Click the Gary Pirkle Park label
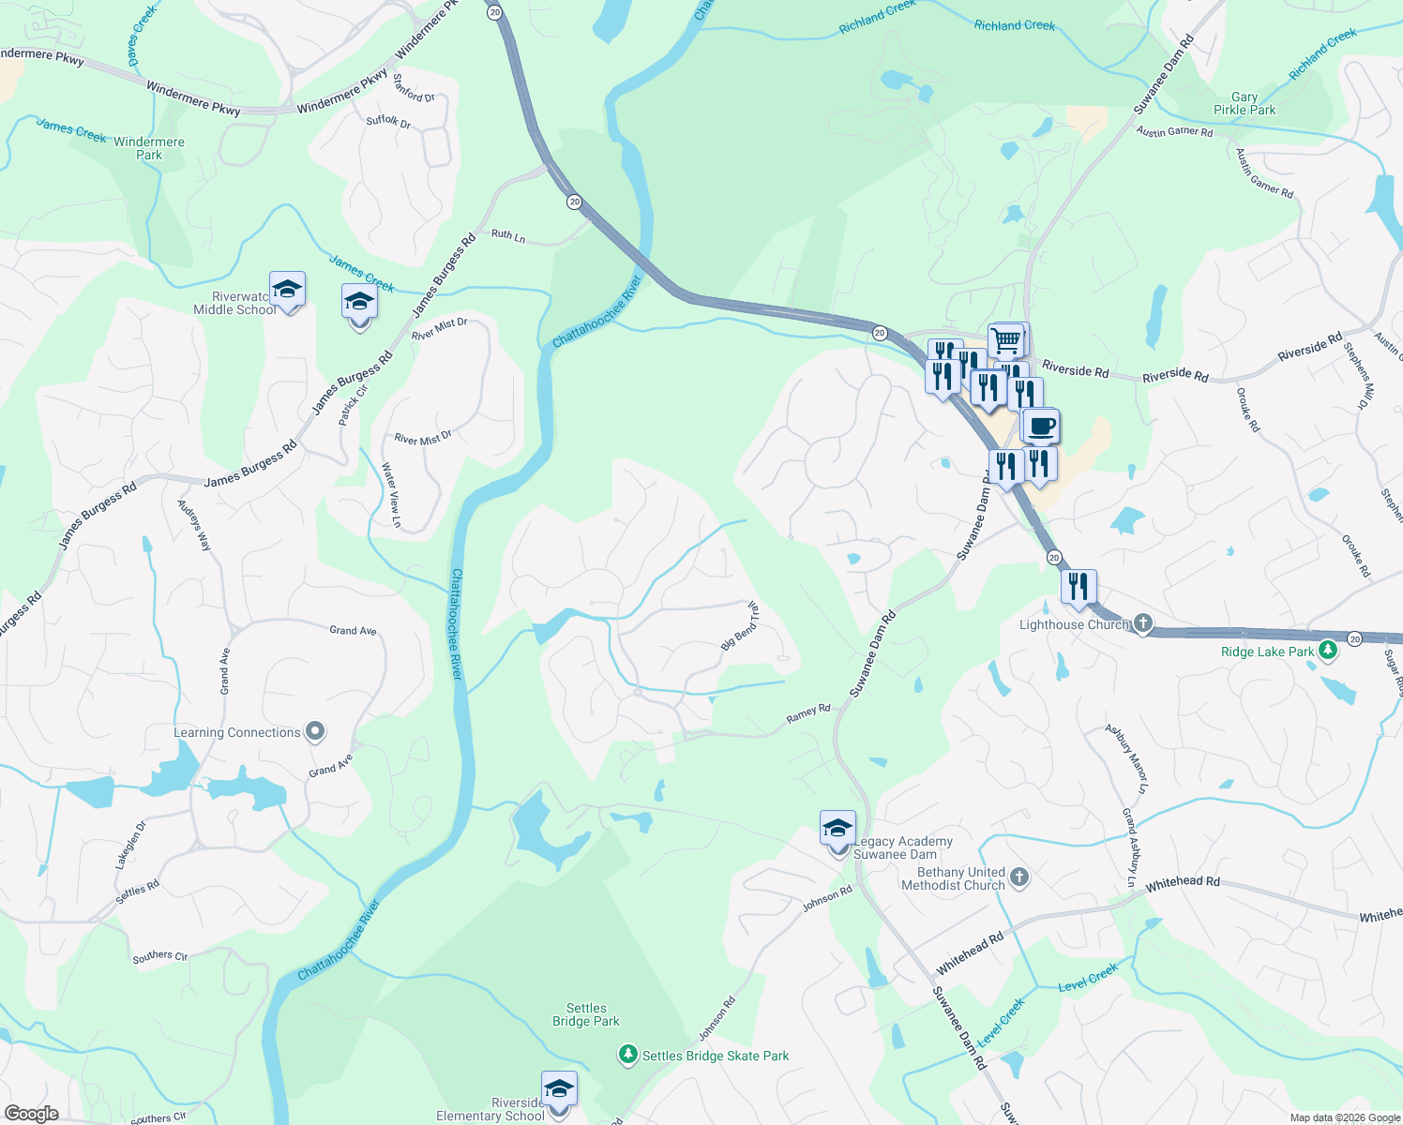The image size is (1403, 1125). pyautogui.click(x=1245, y=103)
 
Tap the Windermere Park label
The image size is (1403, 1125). pyautogui.click(x=149, y=148)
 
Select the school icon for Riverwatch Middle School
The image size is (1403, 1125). pyautogui.click(x=287, y=290)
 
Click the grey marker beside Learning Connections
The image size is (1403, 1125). pyautogui.click(x=315, y=732)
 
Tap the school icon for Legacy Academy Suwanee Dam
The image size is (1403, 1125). pyautogui.click(x=837, y=829)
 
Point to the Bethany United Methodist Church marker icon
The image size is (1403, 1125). pyautogui.click(x=1019, y=877)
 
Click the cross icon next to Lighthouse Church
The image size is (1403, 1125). pyautogui.click(x=1142, y=623)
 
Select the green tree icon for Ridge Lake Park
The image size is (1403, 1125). pyautogui.click(x=1328, y=651)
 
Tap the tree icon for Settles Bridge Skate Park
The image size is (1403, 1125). pyautogui.click(x=628, y=1056)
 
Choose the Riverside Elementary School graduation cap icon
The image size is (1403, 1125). pyautogui.click(x=559, y=1089)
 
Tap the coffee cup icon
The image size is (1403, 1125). pyautogui.click(x=1041, y=427)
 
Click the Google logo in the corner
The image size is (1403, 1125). pyautogui.click(x=32, y=1113)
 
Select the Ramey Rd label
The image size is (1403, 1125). pyautogui.click(x=808, y=713)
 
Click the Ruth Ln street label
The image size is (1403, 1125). pyautogui.click(x=508, y=235)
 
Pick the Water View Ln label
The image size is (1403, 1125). pyautogui.click(x=391, y=495)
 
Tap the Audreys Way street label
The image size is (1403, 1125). pyautogui.click(x=195, y=525)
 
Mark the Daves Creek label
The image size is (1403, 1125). pyautogui.click(x=143, y=36)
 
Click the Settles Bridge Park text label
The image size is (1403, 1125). pyautogui.click(x=586, y=1014)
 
